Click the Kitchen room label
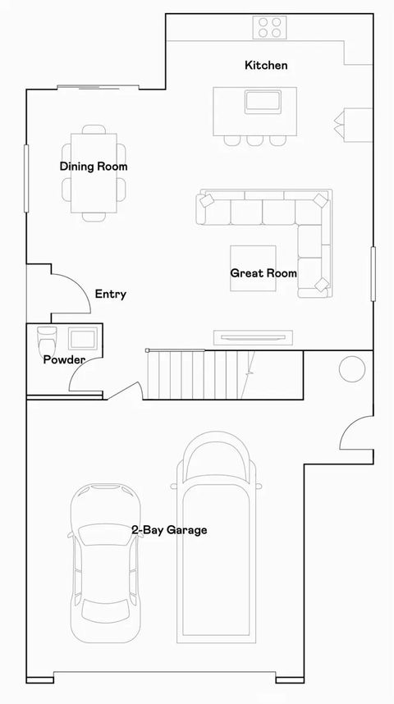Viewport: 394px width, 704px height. click(266, 65)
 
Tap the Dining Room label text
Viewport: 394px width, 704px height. click(94, 167)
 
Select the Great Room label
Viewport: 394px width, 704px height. click(263, 273)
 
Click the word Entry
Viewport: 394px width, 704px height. click(110, 294)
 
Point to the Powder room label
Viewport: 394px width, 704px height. click(64, 359)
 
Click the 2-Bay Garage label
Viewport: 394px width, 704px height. click(169, 530)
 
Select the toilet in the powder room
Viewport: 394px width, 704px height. click(46, 338)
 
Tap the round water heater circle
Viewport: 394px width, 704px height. click(352, 368)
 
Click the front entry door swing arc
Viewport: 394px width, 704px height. click(72, 287)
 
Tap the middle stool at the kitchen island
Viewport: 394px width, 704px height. click(254, 140)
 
